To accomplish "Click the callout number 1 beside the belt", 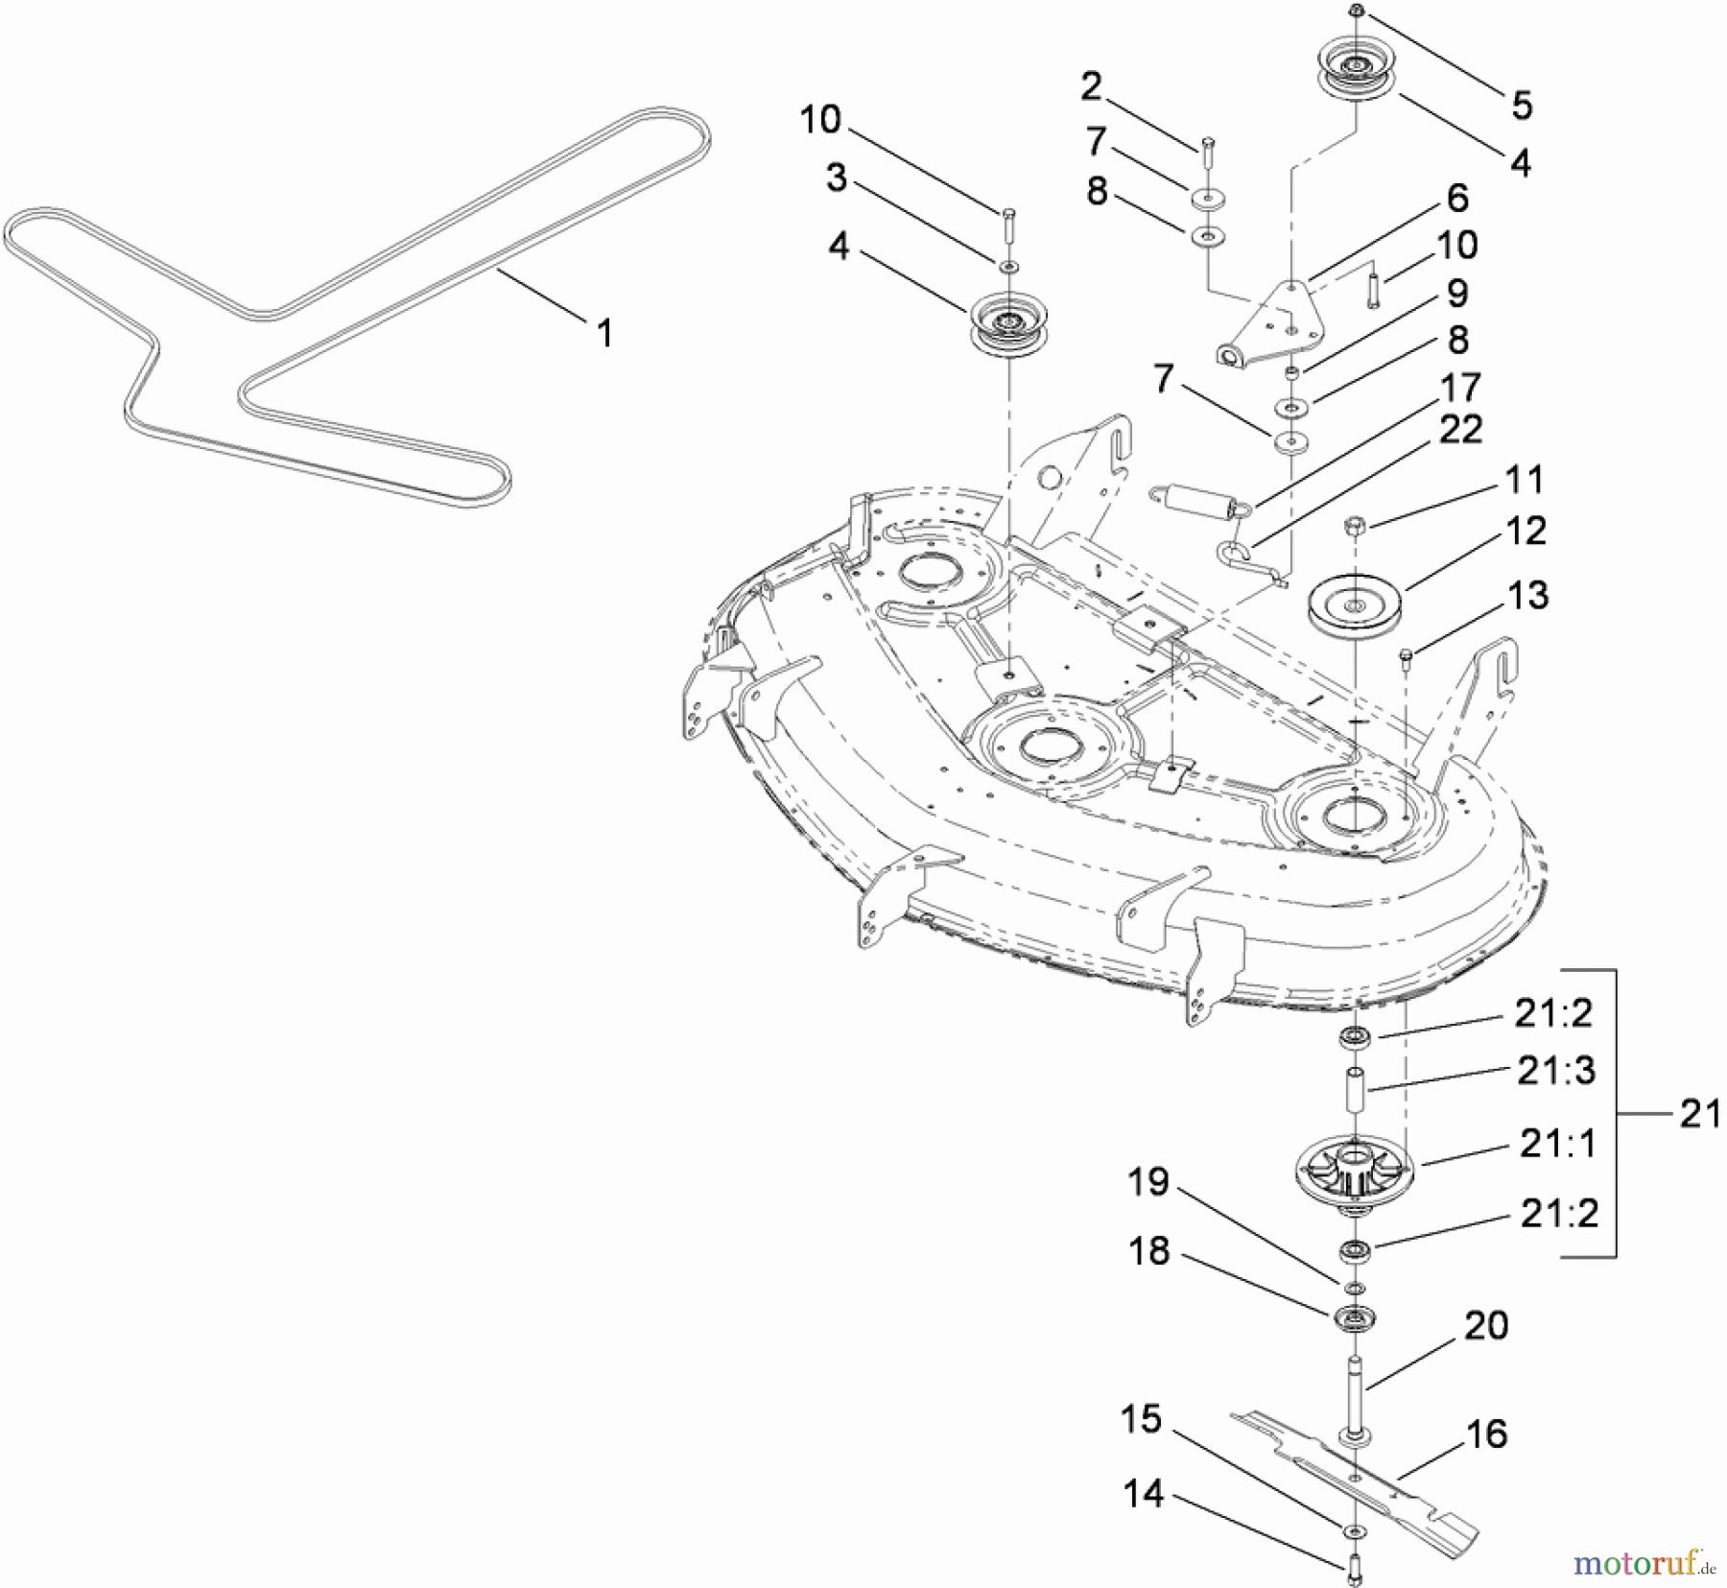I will pos(603,334).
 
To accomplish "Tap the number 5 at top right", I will pos(1522,105).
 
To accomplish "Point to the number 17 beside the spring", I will pos(1460,388).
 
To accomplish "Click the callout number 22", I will pos(1460,429).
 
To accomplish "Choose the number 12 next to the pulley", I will pos(1526,531).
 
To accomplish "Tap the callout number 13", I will pos(1528,595).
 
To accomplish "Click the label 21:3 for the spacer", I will pos(1555,1070).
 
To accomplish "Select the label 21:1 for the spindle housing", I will pos(1558,1144).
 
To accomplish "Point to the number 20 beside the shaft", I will pos(1486,1326).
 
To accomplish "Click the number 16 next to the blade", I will pos(1486,1434).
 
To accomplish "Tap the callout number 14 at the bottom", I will pos(1144,1494).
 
